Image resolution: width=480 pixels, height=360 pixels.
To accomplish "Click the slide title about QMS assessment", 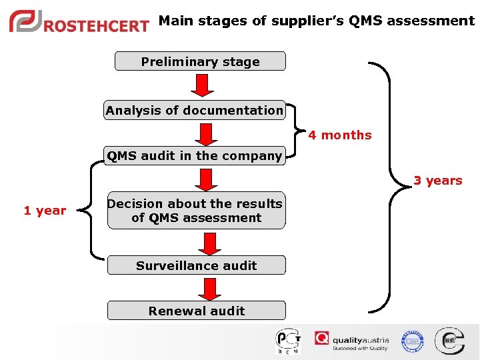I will [317, 21].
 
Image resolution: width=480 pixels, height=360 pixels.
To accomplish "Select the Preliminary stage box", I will [200, 61].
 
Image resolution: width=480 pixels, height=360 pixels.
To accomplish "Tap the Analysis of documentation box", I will [194, 110].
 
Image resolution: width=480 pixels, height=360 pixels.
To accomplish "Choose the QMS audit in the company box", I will [195, 156].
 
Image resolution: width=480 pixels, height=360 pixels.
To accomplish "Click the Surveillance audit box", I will [196, 265].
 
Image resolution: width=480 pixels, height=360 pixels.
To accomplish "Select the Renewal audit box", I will [196, 311].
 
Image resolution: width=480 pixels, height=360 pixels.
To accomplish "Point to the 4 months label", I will [340, 135].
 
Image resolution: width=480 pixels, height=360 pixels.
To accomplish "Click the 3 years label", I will [437, 181].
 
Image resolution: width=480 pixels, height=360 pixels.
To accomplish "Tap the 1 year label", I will [45, 211].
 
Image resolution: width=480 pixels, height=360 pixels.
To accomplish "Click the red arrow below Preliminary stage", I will [202, 85].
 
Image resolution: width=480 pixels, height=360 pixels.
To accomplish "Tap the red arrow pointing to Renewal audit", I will [210, 289].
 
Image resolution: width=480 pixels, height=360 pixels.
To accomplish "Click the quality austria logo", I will [352, 341].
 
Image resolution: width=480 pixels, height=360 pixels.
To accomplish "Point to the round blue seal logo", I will [413, 341].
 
